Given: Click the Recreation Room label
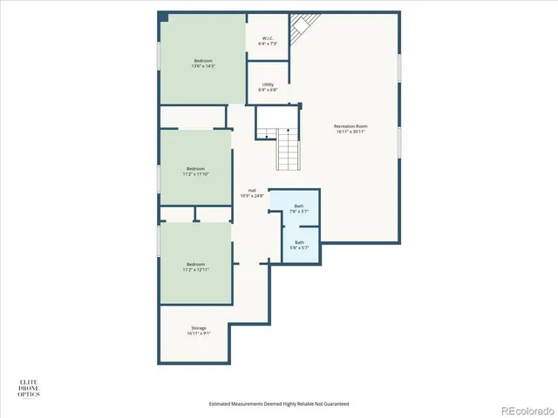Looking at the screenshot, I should pos(350,126).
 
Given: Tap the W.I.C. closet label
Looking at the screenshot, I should pos(269,38).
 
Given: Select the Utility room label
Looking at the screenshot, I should pos(269,84).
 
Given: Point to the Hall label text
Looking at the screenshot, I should pos(252,190).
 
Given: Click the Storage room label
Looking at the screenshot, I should pos(199,327).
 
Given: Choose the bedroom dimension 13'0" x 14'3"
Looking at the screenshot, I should pos(202,66).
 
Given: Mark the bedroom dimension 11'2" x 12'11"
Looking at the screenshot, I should pos(196,270).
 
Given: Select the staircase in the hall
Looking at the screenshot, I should pos(289,149).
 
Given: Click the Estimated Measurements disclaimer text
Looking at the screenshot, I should pos(278,403).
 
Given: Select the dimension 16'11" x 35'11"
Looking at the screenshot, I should pos(350,131).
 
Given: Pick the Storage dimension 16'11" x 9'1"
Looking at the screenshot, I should pos(199,334).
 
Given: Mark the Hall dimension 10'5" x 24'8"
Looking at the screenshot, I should pos(252,196).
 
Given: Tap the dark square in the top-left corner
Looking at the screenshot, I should pos(163,17).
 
